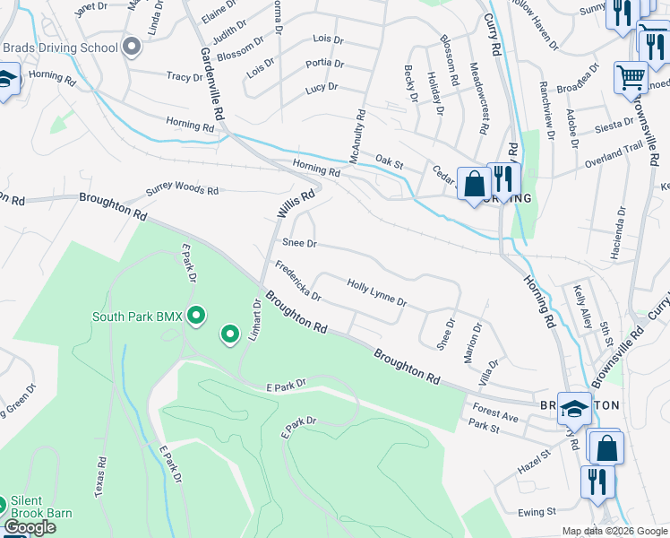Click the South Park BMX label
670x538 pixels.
pos(137,317)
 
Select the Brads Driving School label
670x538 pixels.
pos(60,48)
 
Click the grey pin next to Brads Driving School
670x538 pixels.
pos(133,47)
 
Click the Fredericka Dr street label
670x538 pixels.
pos(297,281)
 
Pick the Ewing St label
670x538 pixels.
pos(537,511)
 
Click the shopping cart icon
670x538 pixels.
pos(631,78)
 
